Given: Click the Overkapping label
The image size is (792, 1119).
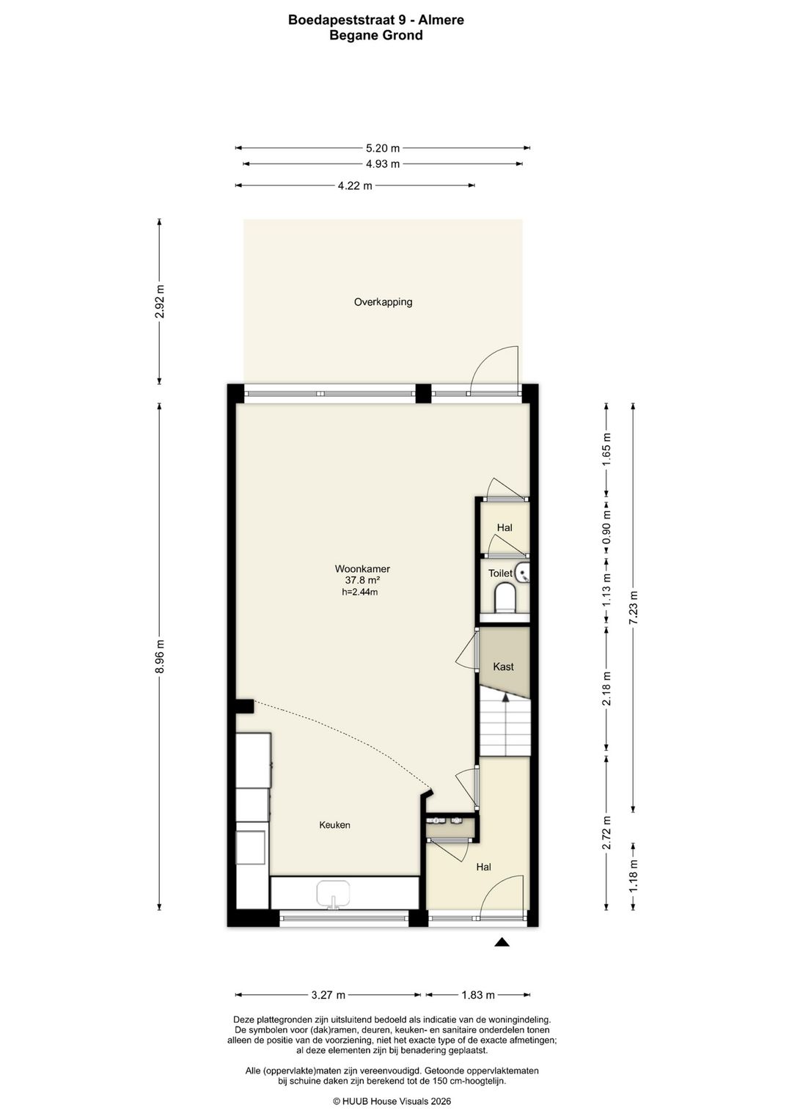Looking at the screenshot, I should click(x=383, y=301).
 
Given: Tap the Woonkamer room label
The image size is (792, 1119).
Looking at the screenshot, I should click(x=362, y=568).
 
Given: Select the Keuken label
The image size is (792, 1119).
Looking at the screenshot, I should click(x=334, y=825).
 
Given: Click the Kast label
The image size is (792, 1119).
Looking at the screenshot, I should click(x=503, y=667).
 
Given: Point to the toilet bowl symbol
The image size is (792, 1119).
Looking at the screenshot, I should click(x=505, y=598).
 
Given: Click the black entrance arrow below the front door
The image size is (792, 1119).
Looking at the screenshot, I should click(x=502, y=942).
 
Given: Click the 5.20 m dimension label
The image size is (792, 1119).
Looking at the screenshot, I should click(x=382, y=148).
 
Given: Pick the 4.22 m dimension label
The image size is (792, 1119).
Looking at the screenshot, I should click(x=355, y=186).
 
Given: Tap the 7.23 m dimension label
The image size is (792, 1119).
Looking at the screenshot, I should click(x=634, y=606).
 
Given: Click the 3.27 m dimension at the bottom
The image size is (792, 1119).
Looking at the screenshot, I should click(x=328, y=995).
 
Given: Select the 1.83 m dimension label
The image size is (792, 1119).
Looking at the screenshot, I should click(x=477, y=995).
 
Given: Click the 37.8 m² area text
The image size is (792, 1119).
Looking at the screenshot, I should click(x=362, y=580).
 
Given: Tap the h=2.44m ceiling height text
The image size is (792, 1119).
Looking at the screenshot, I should click(x=360, y=592).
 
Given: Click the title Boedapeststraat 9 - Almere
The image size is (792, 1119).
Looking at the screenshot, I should click(x=375, y=20).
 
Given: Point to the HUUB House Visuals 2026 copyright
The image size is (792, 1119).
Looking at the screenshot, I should click(x=392, y=1101).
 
